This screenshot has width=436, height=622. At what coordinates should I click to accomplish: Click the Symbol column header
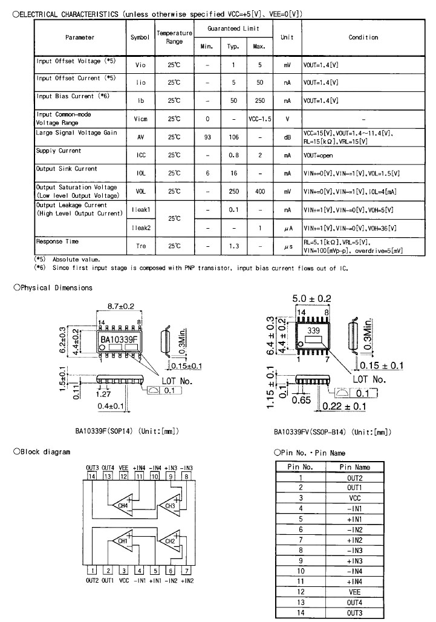click(x=140, y=38)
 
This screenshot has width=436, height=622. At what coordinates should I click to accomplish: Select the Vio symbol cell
click(x=140, y=64)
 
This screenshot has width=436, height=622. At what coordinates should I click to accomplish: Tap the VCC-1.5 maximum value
click(x=259, y=119)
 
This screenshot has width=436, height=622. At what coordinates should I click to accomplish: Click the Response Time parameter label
click(x=57, y=242)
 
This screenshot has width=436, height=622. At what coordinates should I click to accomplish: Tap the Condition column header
click(x=363, y=38)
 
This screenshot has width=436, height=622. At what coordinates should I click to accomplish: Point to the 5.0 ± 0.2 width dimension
click(x=311, y=299)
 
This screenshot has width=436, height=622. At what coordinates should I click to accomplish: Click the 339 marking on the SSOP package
click(x=313, y=332)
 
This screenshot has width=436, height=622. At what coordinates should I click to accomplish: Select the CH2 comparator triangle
click(x=169, y=540)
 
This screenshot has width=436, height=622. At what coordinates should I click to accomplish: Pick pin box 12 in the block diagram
click(x=123, y=477)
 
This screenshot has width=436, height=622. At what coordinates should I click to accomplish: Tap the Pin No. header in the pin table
click(x=300, y=467)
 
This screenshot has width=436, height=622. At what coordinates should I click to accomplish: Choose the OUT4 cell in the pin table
click(x=354, y=604)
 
